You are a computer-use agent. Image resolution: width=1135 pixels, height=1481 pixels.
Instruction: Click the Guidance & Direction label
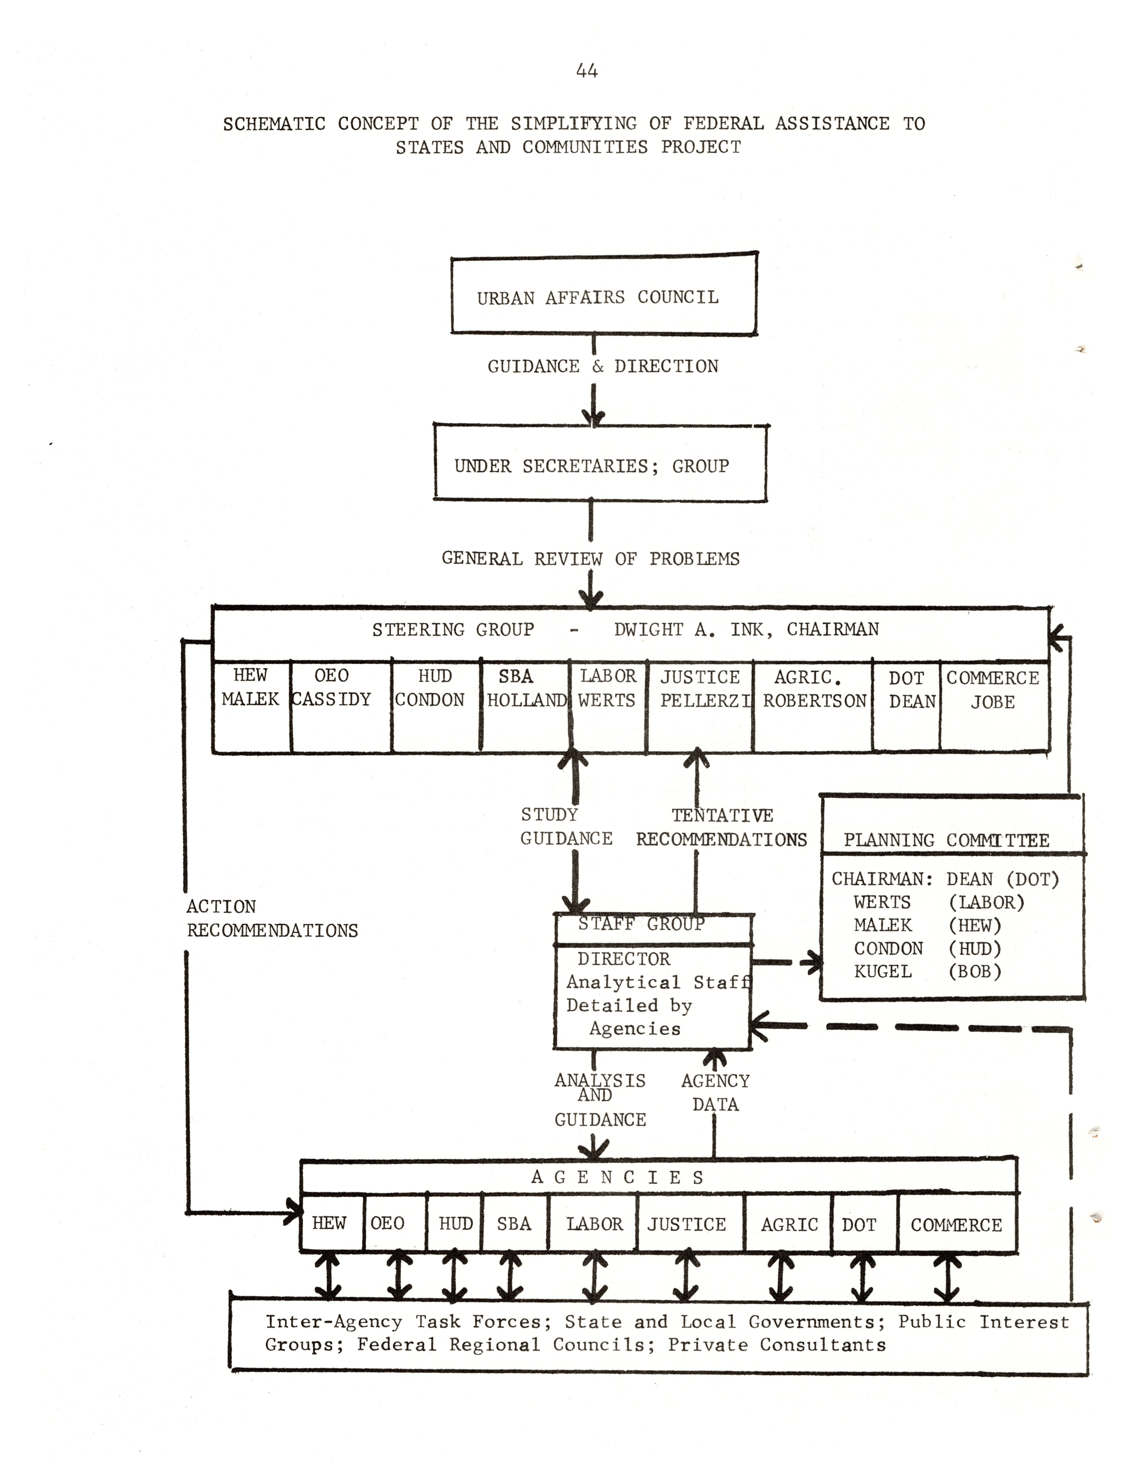[x=603, y=366]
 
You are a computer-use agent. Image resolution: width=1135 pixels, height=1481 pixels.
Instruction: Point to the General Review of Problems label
[x=591, y=558]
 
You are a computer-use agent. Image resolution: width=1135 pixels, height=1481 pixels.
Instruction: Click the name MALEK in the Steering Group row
[x=250, y=699]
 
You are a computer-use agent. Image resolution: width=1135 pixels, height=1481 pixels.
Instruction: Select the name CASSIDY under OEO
[x=332, y=699]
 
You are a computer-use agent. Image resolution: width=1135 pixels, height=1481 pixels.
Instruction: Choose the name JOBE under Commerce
[x=993, y=702]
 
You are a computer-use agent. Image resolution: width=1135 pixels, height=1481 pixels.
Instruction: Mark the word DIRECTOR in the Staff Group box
[x=624, y=959]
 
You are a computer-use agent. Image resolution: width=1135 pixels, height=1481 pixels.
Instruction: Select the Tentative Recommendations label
[x=721, y=827]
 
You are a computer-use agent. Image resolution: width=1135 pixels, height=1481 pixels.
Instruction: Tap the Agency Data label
[x=715, y=1093]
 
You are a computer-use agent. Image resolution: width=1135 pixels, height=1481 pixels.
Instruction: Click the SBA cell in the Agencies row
[x=514, y=1224]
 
